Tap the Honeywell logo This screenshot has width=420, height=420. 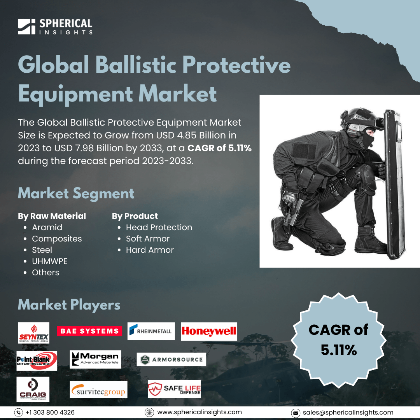coord(209,331)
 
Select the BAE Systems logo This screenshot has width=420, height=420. coord(89,331)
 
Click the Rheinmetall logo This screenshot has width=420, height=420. coord(151,331)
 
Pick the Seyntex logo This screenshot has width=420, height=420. coord(33,332)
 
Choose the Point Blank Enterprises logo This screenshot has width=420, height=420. coord(37,360)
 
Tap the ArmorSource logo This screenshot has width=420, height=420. coord(171,359)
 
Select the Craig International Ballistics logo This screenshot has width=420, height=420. coord(33,389)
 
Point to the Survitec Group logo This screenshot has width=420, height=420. coord(98,389)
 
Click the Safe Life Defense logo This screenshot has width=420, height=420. coord(174,388)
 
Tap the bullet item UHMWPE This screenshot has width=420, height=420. coord(49,261)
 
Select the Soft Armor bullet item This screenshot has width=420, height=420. coord(148,239)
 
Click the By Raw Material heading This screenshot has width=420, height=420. coord(52,216)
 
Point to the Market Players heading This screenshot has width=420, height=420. coord(69,305)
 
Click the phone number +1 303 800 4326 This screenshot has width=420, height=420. coord(50,412)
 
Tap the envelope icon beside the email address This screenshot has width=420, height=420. coord(296,413)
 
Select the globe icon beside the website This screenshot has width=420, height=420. coord(149,412)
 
